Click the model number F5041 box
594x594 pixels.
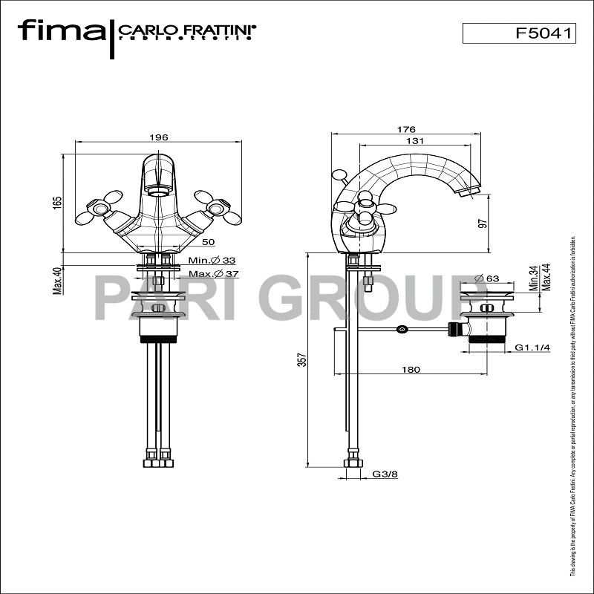[x=519, y=33]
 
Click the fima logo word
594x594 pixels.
[x=61, y=31]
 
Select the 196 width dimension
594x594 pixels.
[x=159, y=137]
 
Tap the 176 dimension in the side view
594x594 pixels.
[x=406, y=129]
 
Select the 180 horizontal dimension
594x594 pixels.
[x=411, y=369]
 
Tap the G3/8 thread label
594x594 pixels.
[x=385, y=474]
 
